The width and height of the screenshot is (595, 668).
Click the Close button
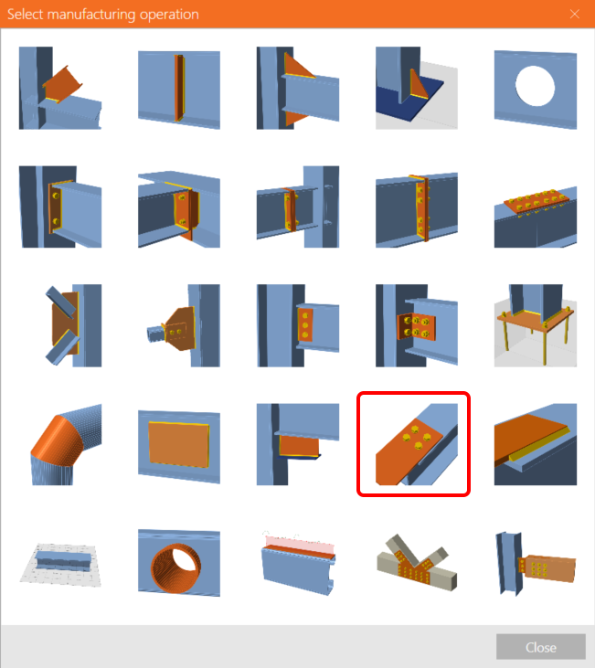(540, 647)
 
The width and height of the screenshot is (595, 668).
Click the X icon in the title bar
(575, 14)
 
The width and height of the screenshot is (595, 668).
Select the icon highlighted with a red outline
(413, 444)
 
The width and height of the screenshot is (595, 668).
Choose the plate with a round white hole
(536, 89)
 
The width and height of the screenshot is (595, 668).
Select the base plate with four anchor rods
(536, 325)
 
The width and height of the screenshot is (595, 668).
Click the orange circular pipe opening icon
(179, 563)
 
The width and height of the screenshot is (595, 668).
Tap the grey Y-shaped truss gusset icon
(417, 563)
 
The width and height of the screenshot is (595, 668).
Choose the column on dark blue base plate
(417, 89)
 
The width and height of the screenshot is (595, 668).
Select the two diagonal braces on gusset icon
(73, 325)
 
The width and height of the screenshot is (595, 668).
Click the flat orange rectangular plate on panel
(179, 446)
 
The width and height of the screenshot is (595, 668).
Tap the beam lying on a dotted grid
(60, 565)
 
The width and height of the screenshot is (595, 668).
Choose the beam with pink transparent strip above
(298, 563)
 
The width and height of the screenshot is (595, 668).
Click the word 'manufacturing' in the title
(91, 14)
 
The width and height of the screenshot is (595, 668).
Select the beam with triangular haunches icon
(298, 89)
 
